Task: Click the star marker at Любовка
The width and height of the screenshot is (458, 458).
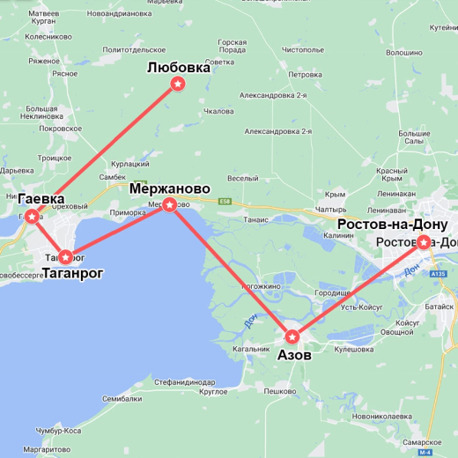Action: click(179, 84)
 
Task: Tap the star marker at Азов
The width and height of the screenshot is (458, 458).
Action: click(292, 336)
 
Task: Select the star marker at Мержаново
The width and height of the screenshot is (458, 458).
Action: click(170, 203)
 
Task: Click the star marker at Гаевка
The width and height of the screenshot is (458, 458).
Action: click(32, 216)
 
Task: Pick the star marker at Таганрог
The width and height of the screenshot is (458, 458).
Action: click(65, 257)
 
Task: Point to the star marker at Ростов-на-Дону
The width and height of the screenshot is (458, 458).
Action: click(424, 241)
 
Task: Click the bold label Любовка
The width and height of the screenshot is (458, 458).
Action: click(179, 67)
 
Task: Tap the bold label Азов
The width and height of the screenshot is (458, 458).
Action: click(294, 355)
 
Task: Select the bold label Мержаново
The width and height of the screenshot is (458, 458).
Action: click(169, 188)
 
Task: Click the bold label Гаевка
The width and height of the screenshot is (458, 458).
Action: click(41, 199)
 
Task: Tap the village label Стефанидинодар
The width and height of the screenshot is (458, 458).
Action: click(184, 382)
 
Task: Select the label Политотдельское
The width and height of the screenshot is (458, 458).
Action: click(134, 51)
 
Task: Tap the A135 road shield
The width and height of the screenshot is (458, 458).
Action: click(440, 275)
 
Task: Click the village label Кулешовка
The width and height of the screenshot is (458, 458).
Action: click(355, 350)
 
